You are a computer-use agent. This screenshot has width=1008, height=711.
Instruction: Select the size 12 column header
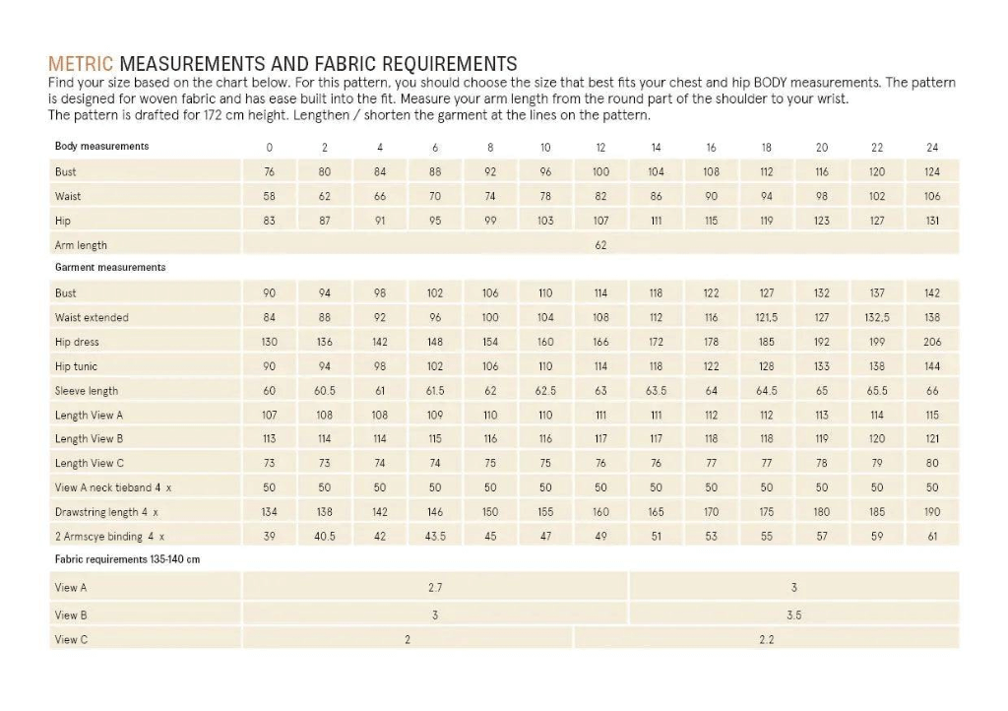coord(600,148)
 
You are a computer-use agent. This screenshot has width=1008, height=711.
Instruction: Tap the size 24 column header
coord(932,148)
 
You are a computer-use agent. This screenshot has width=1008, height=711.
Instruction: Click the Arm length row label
coord(81,245)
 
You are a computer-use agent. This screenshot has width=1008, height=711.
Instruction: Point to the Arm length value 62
coord(600,245)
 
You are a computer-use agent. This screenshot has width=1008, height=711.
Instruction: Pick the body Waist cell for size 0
coord(269,196)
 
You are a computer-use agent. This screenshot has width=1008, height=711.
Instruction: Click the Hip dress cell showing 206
coord(932,342)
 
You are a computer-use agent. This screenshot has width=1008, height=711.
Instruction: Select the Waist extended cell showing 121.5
coord(767,317)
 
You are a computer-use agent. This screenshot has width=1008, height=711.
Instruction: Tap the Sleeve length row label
coord(87,391)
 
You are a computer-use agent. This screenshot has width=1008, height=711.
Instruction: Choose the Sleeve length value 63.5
coord(656,391)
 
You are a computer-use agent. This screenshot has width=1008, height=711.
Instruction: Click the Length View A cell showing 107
coord(269,415)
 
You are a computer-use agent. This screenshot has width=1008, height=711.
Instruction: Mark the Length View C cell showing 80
coord(932,463)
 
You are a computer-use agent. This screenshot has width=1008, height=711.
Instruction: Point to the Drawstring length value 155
coord(545,512)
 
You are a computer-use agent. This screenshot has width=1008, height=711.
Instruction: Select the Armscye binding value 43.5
coord(435,537)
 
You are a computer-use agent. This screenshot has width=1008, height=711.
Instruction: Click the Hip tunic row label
coord(76,366)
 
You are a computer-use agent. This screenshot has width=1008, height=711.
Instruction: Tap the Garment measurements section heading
coord(110,267)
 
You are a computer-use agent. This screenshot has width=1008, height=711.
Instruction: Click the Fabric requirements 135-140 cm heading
coord(127,559)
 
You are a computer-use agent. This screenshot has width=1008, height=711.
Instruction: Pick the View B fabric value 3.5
coord(793,614)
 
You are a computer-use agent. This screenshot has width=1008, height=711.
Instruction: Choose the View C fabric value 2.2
coord(767,639)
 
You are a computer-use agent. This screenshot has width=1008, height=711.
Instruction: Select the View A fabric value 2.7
coord(435,588)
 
